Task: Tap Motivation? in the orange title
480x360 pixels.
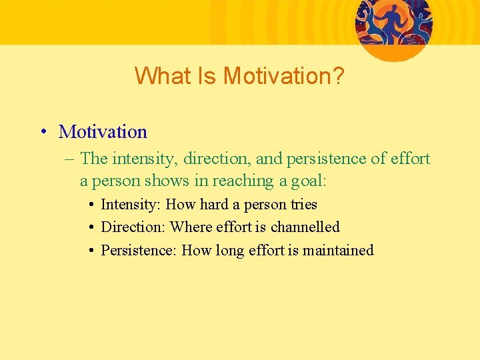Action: pyautogui.click(x=283, y=76)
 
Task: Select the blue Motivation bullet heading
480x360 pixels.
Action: pyautogui.click(x=103, y=132)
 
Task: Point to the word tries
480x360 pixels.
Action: pyautogui.click(x=304, y=205)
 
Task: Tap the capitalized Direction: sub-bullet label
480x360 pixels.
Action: pyautogui.click(x=133, y=227)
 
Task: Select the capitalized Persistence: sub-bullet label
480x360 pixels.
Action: pyautogui.click(x=139, y=251)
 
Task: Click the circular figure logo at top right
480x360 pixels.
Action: pyautogui.click(x=393, y=25)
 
